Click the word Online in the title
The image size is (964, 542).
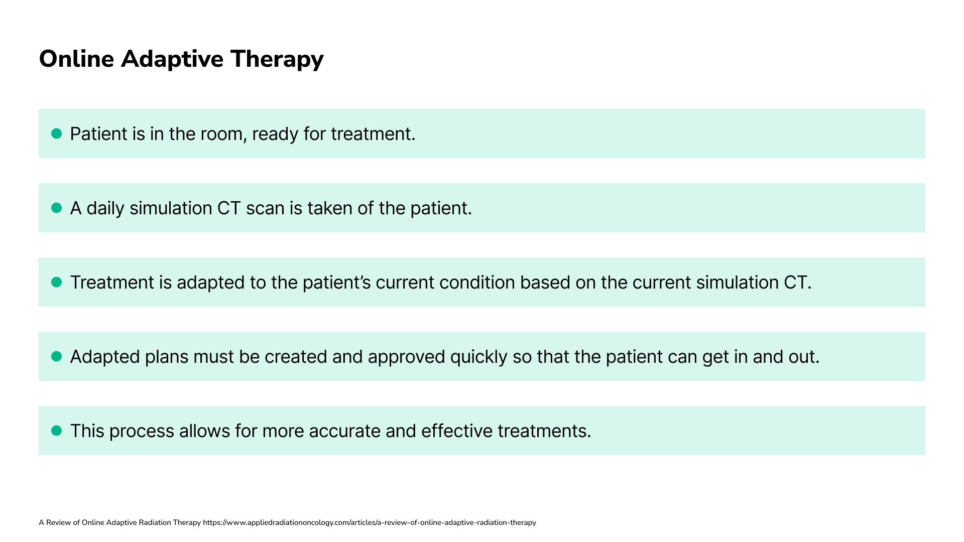point(77,59)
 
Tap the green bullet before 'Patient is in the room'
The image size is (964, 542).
point(57,133)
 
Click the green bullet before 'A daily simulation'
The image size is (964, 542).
point(57,208)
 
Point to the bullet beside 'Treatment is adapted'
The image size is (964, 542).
point(57,282)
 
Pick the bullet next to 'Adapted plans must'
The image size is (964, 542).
point(57,356)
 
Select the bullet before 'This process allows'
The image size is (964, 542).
point(57,431)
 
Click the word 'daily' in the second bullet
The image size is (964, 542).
point(105,208)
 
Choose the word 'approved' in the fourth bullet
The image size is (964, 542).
point(406,357)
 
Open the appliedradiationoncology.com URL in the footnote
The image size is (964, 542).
point(370,522)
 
